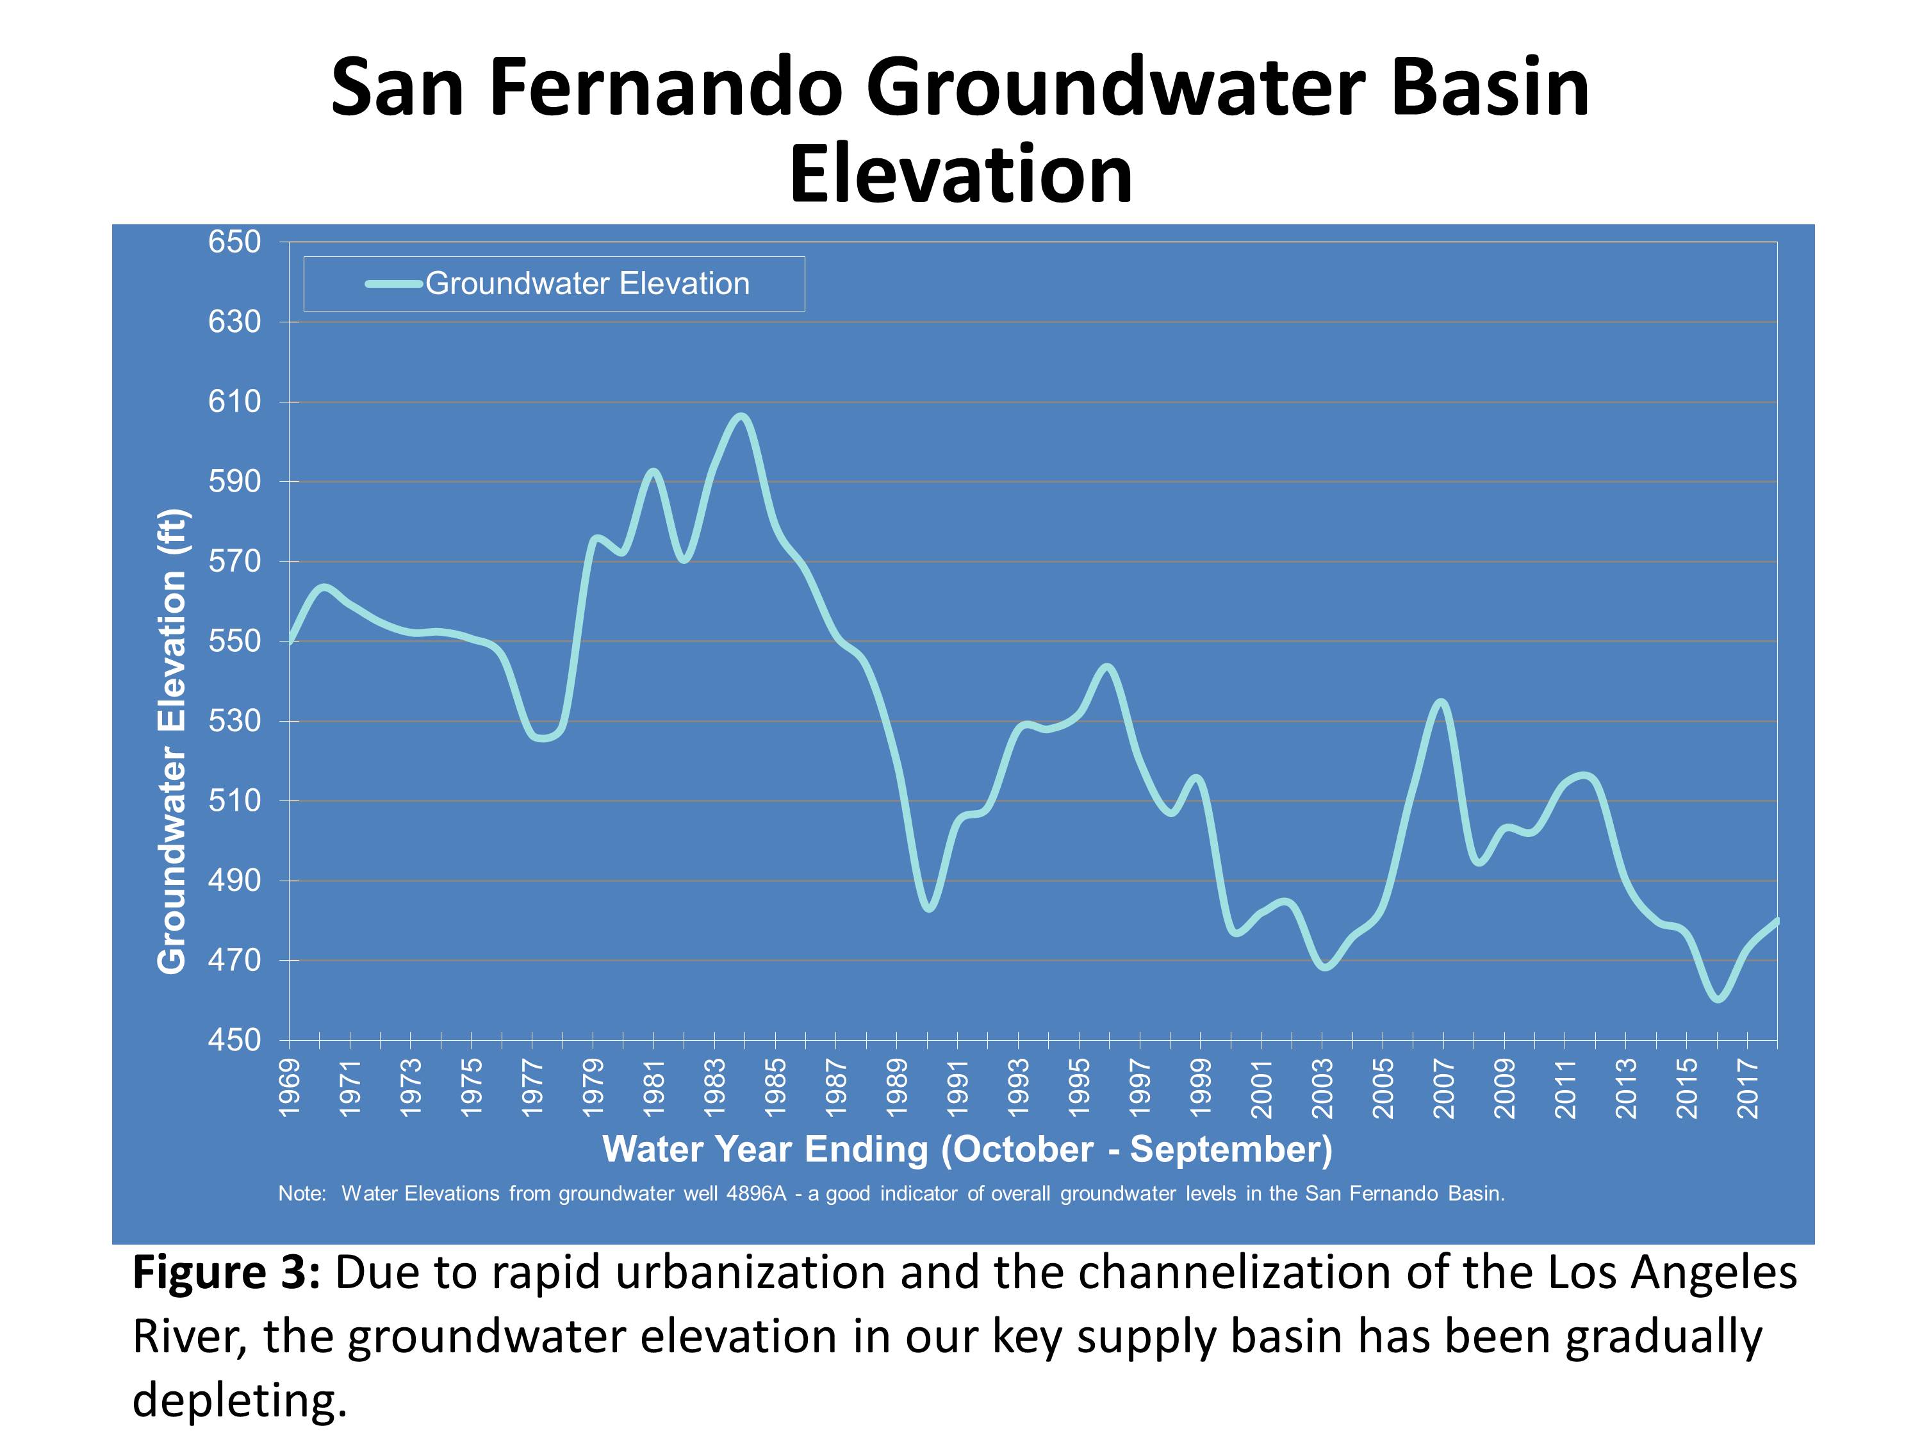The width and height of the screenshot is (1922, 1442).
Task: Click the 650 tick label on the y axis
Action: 234,242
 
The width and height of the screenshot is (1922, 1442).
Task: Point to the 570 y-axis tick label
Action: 234,561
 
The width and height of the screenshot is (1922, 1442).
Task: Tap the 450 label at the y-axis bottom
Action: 234,1040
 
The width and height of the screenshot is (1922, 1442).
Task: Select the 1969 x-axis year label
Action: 290,1088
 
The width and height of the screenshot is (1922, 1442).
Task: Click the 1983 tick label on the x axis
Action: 714,1088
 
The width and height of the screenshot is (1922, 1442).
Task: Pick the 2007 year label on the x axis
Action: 1443,1088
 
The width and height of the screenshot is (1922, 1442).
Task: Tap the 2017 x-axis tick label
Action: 1747,1088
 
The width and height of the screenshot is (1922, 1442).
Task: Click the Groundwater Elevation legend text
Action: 587,284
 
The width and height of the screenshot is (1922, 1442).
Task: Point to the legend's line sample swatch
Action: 393,283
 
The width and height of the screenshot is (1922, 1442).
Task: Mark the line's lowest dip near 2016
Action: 1717,1000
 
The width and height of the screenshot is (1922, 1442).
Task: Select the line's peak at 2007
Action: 1442,701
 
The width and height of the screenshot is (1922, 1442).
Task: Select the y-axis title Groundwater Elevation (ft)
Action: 172,742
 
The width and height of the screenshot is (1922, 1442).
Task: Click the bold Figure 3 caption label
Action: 227,1273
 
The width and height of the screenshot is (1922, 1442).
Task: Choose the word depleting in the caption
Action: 239,1400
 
